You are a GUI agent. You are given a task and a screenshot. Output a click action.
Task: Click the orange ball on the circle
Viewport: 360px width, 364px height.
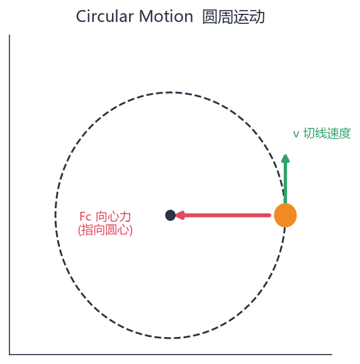point(285,215)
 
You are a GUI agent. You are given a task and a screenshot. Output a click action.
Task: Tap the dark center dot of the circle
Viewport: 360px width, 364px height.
point(171,215)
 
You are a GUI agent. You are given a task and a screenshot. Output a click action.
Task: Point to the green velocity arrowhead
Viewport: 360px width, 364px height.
point(285,158)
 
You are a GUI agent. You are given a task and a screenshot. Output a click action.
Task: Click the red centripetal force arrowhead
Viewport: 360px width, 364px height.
point(179,215)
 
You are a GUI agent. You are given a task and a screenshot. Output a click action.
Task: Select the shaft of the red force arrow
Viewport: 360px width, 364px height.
point(227,216)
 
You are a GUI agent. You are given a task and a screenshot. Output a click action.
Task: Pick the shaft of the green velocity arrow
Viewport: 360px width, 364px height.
point(285,183)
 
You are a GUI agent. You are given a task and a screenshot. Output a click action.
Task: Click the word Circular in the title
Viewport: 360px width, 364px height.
point(105,16)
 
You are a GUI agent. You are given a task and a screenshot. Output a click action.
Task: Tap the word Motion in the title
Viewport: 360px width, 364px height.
point(166,16)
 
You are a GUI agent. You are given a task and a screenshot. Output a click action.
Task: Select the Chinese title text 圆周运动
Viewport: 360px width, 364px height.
point(233,17)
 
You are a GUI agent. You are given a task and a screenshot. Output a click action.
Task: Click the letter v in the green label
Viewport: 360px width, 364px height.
point(296,134)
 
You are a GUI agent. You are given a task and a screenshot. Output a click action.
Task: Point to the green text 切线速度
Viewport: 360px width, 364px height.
point(327,133)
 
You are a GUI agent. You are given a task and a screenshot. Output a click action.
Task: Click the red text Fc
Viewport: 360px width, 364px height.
point(86,217)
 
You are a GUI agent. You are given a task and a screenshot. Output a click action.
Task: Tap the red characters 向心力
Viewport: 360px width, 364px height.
point(113,217)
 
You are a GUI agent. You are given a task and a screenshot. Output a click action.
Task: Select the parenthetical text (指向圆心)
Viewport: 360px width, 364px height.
point(105,230)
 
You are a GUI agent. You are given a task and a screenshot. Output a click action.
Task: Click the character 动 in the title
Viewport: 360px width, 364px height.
point(257,17)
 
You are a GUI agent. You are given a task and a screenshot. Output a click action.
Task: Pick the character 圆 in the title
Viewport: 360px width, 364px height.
point(210,17)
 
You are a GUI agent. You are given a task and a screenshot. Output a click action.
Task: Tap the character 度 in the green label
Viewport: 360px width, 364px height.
point(345,133)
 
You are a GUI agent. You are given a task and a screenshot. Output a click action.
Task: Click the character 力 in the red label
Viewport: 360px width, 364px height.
point(125,217)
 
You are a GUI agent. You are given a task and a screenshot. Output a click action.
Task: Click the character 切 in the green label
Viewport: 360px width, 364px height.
point(309,133)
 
